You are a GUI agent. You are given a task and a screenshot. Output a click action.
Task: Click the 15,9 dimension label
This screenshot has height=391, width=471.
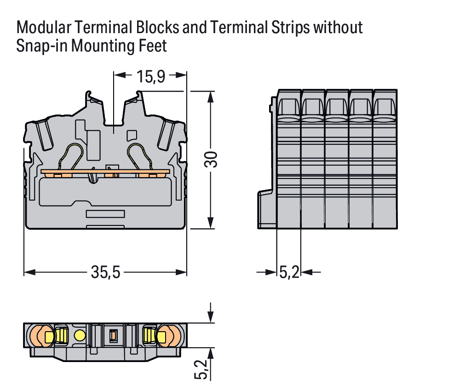pyautogui.click(x=150, y=76)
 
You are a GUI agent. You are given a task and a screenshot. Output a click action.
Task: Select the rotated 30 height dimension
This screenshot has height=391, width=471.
pyautogui.click(x=210, y=159)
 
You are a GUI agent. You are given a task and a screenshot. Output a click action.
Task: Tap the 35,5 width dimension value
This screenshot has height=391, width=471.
pyautogui.click(x=105, y=273)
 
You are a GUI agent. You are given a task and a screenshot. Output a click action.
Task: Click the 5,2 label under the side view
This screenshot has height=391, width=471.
pyautogui.click(x=289, y=273)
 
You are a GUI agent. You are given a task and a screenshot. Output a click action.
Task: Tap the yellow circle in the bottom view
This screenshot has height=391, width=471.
pyautogui.click(x=80, y=335)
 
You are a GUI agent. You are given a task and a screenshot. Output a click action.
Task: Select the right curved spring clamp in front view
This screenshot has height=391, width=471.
pyautogui.click(x=140, y=156)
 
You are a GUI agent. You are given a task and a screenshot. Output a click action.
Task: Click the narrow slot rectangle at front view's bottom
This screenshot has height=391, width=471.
pyautogui.click(x=106, y=214)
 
